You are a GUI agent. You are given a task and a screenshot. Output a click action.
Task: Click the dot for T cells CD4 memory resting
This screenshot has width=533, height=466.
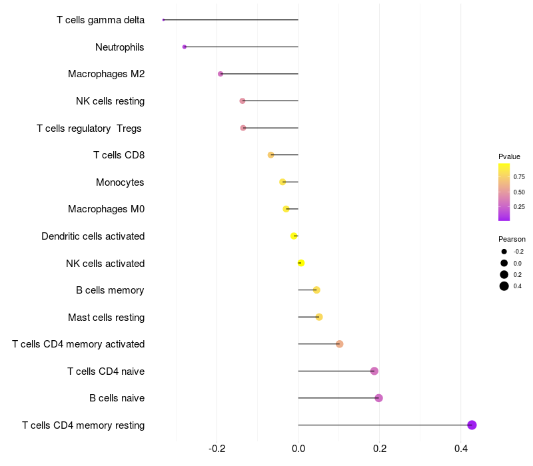coord(472,425)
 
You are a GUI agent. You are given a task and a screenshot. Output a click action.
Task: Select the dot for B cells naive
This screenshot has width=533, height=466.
coord(379,398)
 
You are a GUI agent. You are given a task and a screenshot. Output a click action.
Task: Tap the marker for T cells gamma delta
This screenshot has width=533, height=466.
coord(163,20)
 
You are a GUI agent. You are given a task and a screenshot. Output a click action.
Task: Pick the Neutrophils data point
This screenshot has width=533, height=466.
coord(185,47)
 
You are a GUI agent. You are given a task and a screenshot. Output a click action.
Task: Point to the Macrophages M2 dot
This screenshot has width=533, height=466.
coord(221,74)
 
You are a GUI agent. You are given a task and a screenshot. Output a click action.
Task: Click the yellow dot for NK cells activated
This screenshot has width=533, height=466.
coord(301,263)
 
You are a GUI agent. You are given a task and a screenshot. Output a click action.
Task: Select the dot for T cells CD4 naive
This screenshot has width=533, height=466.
coord(374,371)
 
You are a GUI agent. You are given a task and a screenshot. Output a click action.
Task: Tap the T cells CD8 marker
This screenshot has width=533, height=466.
coord(270,155)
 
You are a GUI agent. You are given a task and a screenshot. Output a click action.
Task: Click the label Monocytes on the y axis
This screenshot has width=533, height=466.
coord(120,182)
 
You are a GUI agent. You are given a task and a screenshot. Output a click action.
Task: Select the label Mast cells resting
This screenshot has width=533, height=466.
coord(106,318)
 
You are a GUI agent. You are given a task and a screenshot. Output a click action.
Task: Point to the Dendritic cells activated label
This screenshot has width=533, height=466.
coord(93,236)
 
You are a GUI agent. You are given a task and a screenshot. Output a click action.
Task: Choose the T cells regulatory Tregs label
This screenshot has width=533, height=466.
coord(90,128)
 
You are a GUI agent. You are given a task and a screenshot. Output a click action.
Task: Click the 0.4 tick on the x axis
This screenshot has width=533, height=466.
coord(461,449)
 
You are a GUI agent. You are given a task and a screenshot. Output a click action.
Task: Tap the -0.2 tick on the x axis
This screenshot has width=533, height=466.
coord(217,449)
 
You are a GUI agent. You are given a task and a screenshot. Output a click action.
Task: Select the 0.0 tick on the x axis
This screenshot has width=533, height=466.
coord(298,449)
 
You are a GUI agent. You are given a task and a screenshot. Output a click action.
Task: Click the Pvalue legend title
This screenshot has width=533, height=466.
coord(509,156)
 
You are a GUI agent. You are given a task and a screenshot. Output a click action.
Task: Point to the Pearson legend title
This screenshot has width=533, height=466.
coord(512,239)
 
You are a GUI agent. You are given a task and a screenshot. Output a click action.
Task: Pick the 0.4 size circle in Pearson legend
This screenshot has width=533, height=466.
coord(504,286)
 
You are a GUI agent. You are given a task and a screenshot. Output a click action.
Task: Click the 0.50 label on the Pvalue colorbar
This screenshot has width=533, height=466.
coord(519,192)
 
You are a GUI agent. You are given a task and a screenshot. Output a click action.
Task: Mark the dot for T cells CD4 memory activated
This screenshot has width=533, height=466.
coord(340,344)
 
